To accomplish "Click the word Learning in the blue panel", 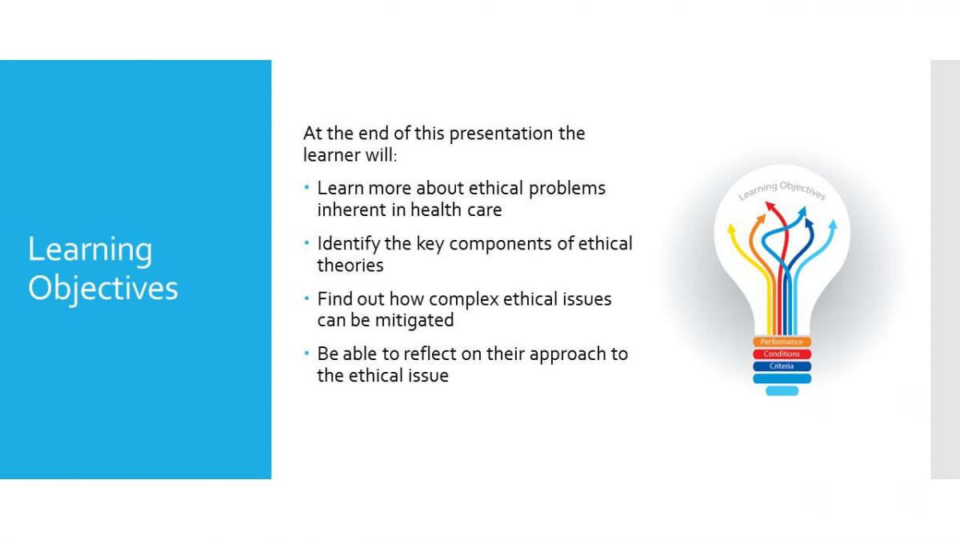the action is (90, 250).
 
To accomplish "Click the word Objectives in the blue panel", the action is (103, 288).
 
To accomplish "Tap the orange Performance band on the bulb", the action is (782, 342).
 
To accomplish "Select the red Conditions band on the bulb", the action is (782, 354).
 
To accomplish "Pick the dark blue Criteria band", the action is (782, 366).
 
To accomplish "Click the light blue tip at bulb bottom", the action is (782, 390).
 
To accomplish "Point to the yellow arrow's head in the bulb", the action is (731, 229).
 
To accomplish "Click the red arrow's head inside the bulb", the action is (770, 207).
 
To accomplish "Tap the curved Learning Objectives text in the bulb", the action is (782, 190).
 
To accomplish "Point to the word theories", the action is (350, 266).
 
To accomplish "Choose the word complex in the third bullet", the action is (464, 299).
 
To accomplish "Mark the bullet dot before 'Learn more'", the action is (306, 187).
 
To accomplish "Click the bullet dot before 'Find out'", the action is (306, 298).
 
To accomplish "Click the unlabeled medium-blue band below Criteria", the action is (782, 378).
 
